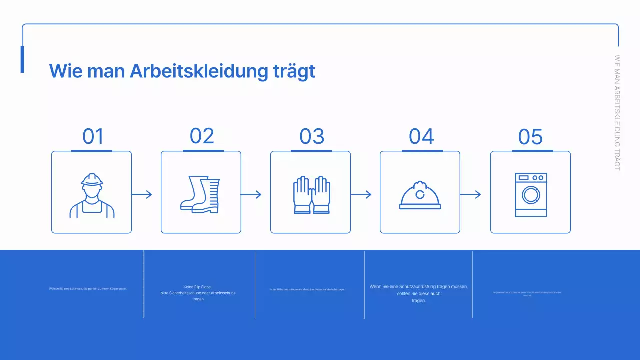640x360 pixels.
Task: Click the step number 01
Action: pyautogui.click(x=93, y=136)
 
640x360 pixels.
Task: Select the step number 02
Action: pyautogui.click(x=202, y=136)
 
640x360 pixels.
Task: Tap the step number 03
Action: pyautogui.click(x=312, y=136)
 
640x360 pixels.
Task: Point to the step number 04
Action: pyautogui.click(x=421, y=136)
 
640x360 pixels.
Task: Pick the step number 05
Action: pyautogui.click(x=530, y=137)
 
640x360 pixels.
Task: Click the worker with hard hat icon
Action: pyautogui.click(x=92, y=195)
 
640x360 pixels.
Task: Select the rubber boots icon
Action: pyautogui.click(x=200, y=195)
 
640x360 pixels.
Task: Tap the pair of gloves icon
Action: pyautogui.click(x=311, y=195)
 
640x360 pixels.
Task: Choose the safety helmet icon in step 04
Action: pyautogui.click(x=420, y=195)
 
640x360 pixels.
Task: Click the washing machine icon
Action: pyautogui.click(x=531, y=195)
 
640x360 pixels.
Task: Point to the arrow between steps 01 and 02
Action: pyautogui.click(x=141, y=194)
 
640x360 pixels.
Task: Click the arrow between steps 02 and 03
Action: pyautogui.click(x=251, y=194)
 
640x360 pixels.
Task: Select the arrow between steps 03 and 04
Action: pyautogui.click(x=361, y=194)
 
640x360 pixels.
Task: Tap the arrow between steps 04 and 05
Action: pyautogui.click(x=470, y=194)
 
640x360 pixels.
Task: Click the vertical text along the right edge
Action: pyautogui.click(x=617, y=113)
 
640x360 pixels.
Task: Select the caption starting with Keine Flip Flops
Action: pyautogui.click(x=198, y=293)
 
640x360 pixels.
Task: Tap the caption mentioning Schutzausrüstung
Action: pyautogui.click(x=419, y=293)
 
